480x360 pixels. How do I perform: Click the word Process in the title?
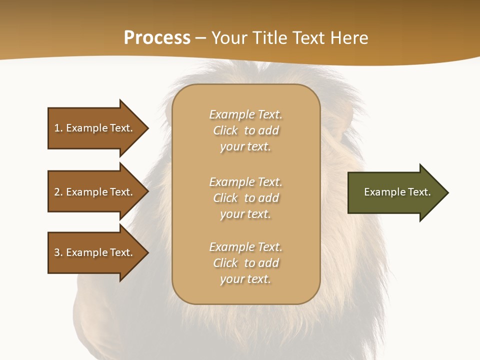coord(157,38)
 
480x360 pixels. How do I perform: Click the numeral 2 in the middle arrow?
coord(57,192)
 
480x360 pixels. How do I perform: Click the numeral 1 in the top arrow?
coord(57,128)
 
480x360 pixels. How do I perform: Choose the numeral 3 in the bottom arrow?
coord(57,252)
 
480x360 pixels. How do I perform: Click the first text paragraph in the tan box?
coord(245,130)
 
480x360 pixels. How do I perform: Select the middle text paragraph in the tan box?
coord(245,198)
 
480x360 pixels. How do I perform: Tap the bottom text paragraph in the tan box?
coord(245,263)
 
